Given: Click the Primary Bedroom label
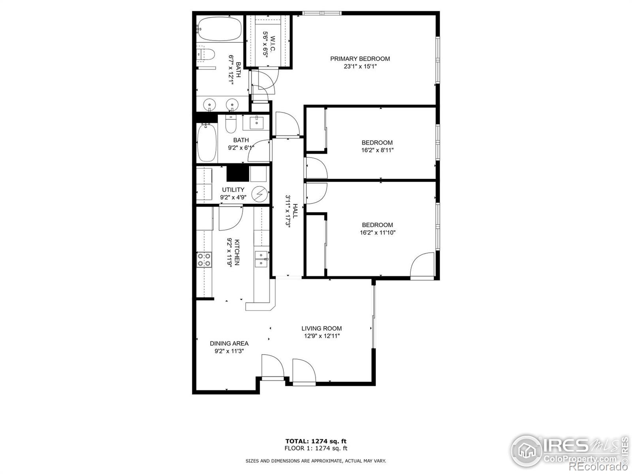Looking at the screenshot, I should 360,59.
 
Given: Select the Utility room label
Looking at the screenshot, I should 233,190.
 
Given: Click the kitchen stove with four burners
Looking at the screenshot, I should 204,260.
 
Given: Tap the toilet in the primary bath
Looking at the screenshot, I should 205,54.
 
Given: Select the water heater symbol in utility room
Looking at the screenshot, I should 259,194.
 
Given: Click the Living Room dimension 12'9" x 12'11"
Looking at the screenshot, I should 322,336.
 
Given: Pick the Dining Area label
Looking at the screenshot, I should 229,343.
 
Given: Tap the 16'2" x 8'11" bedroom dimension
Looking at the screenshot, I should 377,150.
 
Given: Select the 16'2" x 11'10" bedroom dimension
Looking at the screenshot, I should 377,233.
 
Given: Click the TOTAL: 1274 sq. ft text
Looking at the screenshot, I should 316,441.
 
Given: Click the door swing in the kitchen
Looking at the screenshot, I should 230,218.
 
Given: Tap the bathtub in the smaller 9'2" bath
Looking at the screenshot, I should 207,143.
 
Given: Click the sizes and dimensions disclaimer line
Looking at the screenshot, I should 316,461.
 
